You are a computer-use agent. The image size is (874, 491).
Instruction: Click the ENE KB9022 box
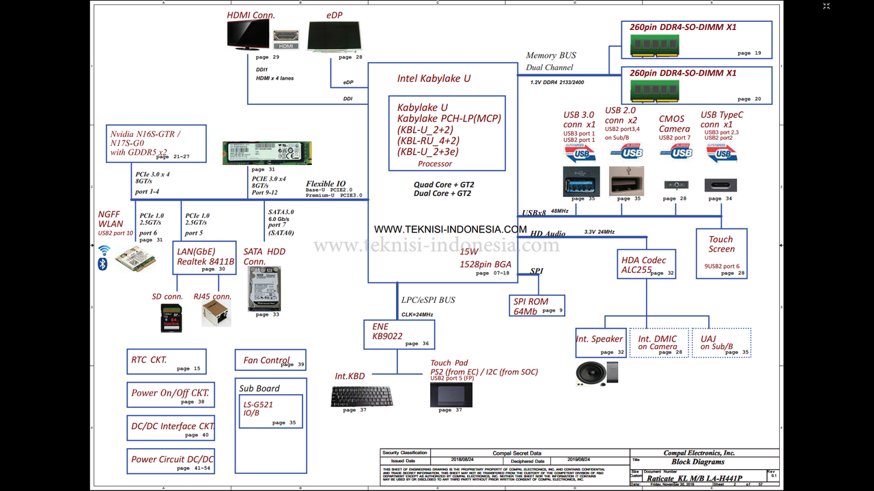click(x=399, y=334)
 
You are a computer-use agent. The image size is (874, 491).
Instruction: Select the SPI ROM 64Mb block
click(x=539, y=305)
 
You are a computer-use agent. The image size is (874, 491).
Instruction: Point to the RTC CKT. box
click(x=167, y=361)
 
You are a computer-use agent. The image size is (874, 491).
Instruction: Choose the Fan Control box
click(x=271, y=361)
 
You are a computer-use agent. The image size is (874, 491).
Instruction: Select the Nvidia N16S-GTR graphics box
click(x=156, y=143)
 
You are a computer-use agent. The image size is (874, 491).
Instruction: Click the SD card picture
click(x=171, y=318)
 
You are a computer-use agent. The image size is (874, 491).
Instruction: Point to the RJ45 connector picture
click(x=216, y=314)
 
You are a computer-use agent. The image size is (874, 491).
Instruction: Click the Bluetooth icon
click(x=103, y=263)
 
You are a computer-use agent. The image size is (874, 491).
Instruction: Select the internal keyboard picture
click(x=361, y=396)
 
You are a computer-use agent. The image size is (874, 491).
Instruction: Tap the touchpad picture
click(x=451, y=394)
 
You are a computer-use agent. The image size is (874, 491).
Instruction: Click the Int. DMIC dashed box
click(x=659, y=342)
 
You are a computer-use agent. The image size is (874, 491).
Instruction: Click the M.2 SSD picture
click(x=267, y=153)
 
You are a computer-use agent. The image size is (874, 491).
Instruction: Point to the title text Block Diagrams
click(x=699, y=462)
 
